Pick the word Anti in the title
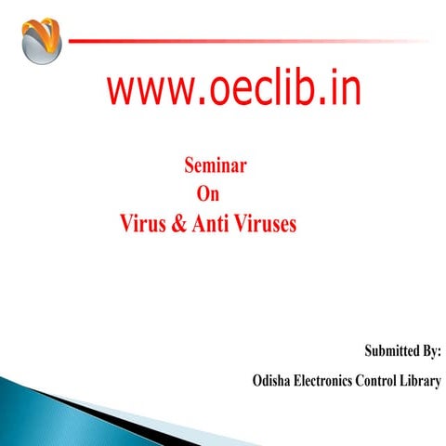(211, 224)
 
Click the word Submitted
(382, 353)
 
